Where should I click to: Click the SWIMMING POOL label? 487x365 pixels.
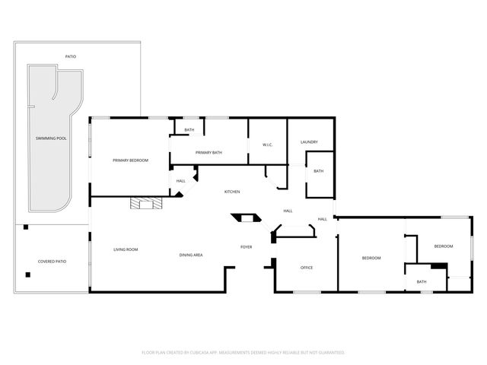coord(51,139)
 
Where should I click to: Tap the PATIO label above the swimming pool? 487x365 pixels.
coord(70,56)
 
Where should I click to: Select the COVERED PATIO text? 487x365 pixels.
coord(52,261)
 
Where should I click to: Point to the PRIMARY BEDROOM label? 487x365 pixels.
coord(130,160)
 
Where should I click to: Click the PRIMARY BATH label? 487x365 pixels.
coord(208,153)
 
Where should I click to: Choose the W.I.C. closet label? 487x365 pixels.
coord(267,144)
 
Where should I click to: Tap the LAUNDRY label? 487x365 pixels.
coord(309,142)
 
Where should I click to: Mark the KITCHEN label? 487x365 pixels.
coord(232,192)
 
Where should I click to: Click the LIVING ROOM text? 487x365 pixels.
coord(126,249)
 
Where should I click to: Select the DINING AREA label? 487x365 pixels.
coord(191,255)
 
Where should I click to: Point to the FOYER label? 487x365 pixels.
coord(247,247)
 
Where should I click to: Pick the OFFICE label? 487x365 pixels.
coord(307,268)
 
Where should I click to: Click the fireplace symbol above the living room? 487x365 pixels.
coord(145,202)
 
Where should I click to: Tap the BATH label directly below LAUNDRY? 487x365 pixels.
coord(318,171)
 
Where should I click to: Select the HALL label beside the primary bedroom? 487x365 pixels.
coord(181,181)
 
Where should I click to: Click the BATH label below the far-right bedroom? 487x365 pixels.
coord(422,282)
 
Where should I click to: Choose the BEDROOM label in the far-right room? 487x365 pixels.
coord(444,246)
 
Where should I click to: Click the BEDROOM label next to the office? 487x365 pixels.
coord(371,259)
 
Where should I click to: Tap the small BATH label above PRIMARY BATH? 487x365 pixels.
coord(189,130)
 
